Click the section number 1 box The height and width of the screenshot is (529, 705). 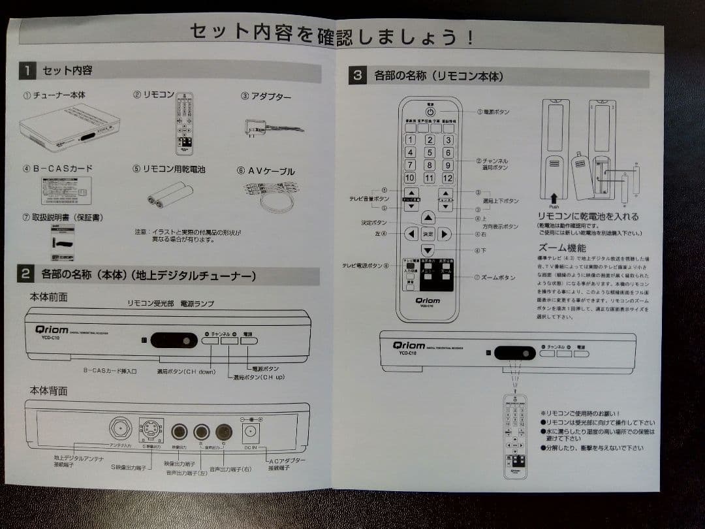coord(27,70)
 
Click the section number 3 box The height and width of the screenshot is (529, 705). coord(357,75)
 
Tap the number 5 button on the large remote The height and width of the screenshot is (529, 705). coord(429,152)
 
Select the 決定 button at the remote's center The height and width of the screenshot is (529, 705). coord(428,234)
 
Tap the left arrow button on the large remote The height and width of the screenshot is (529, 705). coord(411,234)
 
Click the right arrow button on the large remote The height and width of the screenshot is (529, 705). coord(444,234)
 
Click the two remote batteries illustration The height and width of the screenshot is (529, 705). coord(170,195)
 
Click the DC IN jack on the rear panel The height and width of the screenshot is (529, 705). coord(252,432)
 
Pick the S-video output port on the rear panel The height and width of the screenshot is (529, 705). coord(151,431)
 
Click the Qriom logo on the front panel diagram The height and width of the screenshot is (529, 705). coord(52,330)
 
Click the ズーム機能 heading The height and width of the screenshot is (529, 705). coord(562,248)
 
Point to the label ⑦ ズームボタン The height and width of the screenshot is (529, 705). coord(495,278)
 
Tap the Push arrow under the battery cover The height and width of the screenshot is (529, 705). coord(554,196)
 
